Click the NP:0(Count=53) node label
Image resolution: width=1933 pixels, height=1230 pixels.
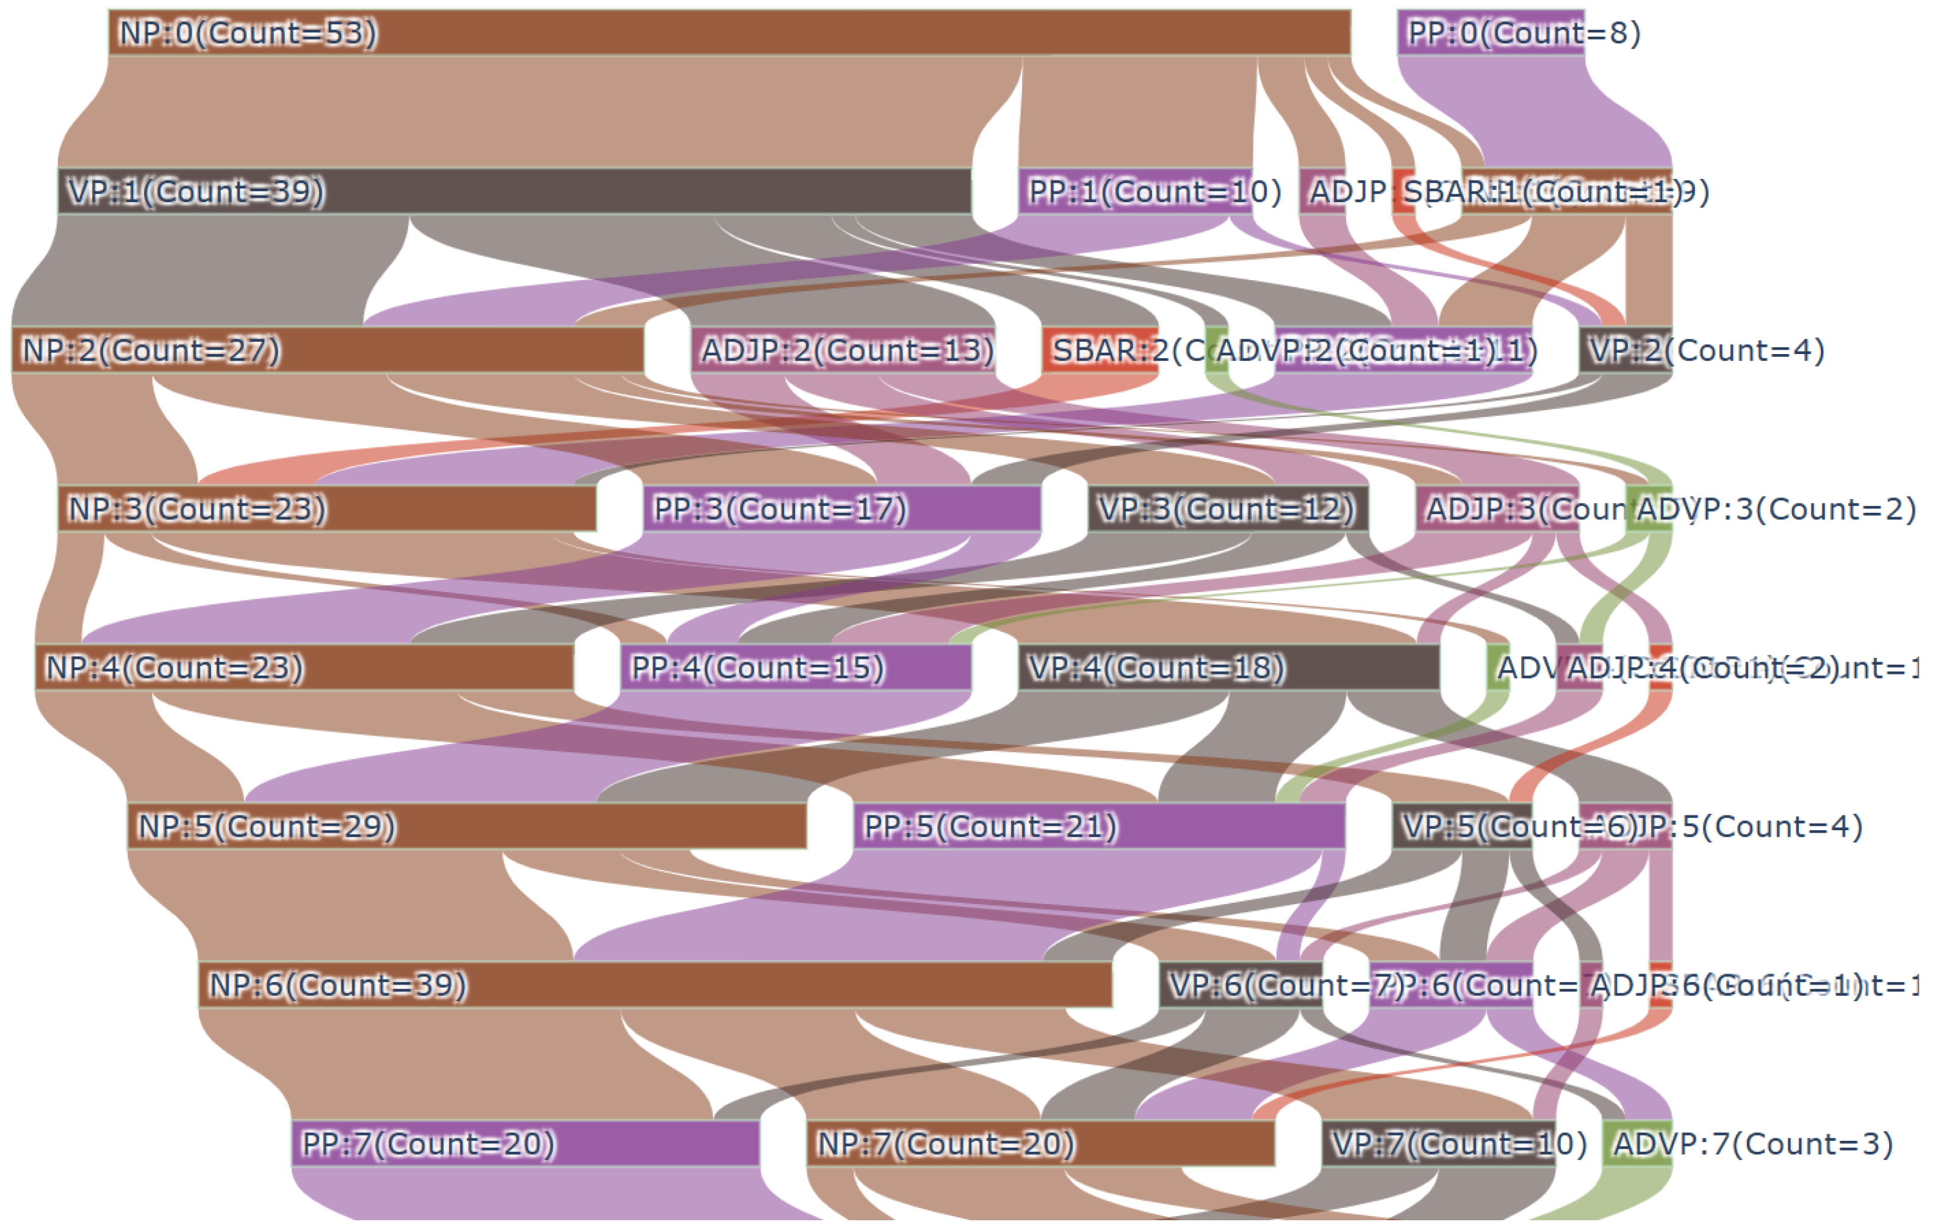[x=247, y=33]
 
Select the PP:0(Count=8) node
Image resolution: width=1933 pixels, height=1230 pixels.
[x=1490, y=33]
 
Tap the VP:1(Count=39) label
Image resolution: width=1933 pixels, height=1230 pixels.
[x=196, y=192]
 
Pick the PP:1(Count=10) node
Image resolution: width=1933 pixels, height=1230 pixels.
[x=1134, y=192]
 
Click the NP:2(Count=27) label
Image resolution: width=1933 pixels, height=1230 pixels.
[x=151, y=351]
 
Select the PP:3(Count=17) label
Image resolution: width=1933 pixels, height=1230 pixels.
[x=779, y=509]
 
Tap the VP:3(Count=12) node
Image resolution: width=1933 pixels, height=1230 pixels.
[x=1226, y=509]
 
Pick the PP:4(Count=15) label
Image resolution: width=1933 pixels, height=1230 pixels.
[x=757, y=668]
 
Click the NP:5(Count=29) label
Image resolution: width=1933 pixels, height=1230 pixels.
[x=267, y=827]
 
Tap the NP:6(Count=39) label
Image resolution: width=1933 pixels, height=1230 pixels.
[x=337, y=986]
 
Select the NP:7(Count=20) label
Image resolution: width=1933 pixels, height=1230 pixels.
[x=945, y=1144]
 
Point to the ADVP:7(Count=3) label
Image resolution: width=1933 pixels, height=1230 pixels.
[x=1752, y=1144]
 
